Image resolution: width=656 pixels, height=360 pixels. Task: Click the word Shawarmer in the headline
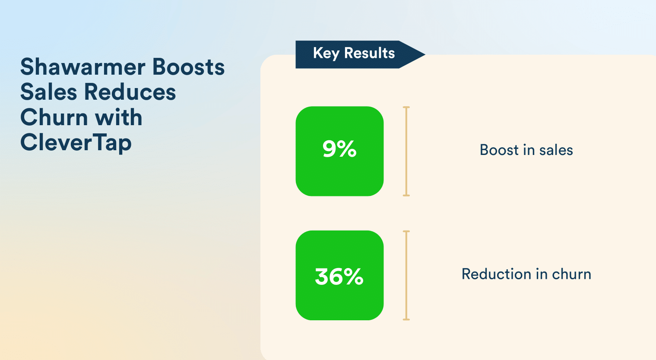click(x=83, y=67)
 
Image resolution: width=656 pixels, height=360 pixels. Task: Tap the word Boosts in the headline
click(x=189, y=67)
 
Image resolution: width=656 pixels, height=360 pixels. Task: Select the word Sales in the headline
click(x=49, y=92)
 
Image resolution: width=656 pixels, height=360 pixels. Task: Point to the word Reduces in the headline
click(x=130, y=92)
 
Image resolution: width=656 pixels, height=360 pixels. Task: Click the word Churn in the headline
click(x=54, y=117)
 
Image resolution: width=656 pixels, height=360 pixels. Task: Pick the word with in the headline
click(x=119, y=117)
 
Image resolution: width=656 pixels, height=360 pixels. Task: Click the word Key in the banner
click(x=326, y=54)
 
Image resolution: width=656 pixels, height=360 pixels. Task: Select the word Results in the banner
click(x=370, y=53)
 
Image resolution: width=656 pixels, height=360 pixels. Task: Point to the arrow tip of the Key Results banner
click(x=425, y=54)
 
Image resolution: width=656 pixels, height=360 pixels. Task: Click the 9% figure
click(x=339, y=149)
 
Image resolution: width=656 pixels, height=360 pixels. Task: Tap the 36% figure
click(x=339, y=277)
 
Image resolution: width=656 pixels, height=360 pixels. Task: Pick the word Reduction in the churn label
click(x=496, y=274)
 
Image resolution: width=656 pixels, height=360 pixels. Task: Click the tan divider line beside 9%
click(x=406, y=152)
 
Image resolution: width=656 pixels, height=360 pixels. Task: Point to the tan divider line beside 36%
click(x=406, y=275)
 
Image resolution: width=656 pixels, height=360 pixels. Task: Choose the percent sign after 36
click(x=353, y=277)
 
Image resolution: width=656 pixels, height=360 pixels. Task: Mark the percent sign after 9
click(x=347, y=149)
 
